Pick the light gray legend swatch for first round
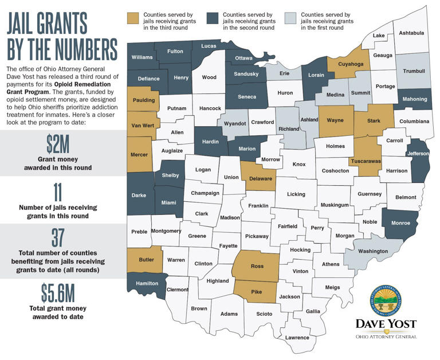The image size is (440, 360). (290, 15)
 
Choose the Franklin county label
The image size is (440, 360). (258, 205)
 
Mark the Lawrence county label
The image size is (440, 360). (297, 337)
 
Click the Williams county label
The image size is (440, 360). (142, 57)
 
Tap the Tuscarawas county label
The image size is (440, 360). (366, 162)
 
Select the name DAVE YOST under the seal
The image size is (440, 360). (386, 324)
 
